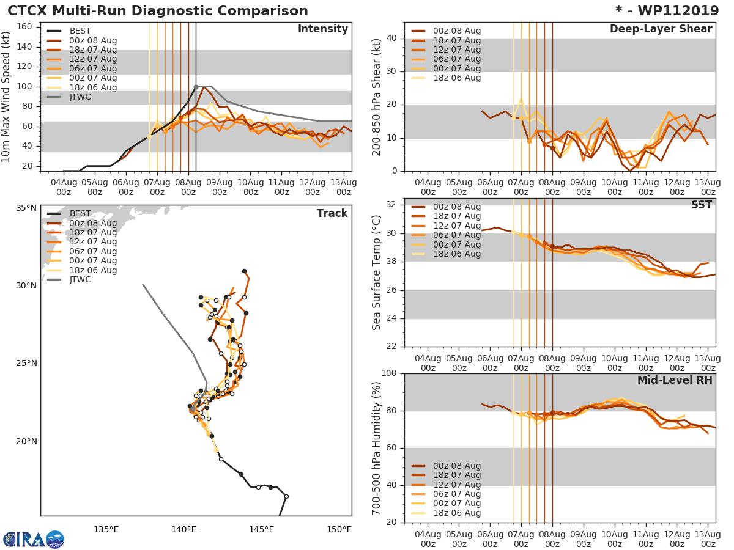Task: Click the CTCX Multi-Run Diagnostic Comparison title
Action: click(x=158, y=11)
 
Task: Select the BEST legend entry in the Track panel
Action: click(x=81, y=213)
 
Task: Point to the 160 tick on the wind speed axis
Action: click(x=26, y=26)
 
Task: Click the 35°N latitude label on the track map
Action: click(x=26, y=208)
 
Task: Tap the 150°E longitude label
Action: click(x=339, y=529)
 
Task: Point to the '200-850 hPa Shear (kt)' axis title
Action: click(x=377, y=97)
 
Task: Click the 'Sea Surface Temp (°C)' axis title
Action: click(x=377, y=273)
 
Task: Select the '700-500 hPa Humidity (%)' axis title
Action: click(x=377, y=447)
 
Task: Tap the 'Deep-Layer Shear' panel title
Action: click(x=661, y=29)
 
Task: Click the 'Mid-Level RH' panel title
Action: click(x=674, y=380)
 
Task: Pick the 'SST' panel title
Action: click(x=701, y=205)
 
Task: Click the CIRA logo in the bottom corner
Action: click(x=34, y=539)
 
